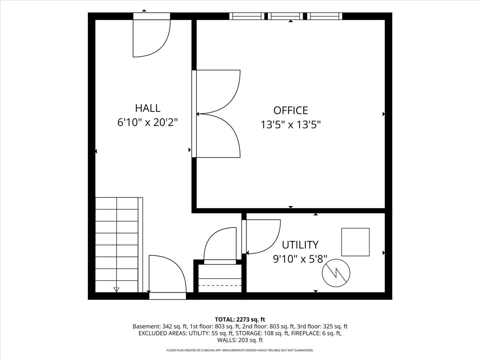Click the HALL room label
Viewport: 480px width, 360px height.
pos(147,108)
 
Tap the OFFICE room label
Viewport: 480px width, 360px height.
pos(290,110)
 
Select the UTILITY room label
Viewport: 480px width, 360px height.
pos(300,245)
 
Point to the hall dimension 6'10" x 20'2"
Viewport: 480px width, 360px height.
pos(147,123)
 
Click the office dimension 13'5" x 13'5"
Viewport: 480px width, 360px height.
pos(290,125)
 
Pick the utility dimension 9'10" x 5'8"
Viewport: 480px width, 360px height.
pos(300,259)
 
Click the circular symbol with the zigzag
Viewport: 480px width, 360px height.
pos(336,273)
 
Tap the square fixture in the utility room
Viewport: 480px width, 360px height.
pos(355,242)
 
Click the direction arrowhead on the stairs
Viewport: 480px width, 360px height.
pos(116,289)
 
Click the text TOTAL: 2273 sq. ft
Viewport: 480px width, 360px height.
pos(240,320)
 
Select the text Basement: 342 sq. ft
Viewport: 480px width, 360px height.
pos(160,327)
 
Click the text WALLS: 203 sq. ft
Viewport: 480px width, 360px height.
pos(240,340)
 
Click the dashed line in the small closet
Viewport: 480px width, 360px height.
pos(220,285)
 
